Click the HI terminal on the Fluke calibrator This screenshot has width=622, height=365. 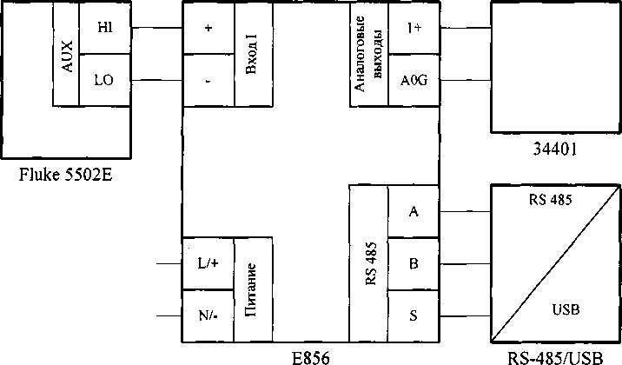(105, 28)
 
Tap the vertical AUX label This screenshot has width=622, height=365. (67, 54)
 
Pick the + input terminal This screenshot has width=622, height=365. (208, 28)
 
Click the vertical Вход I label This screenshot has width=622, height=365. (253, 54)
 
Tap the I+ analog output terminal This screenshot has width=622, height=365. (414, 28)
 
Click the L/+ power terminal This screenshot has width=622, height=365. (208, 262)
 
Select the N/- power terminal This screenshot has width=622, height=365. (208, 314)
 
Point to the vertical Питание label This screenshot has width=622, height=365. (253, 288)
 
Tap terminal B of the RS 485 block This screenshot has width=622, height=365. (414, 262)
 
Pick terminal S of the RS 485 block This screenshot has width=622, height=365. (414, 314)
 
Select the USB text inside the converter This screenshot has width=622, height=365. (566, 309)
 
